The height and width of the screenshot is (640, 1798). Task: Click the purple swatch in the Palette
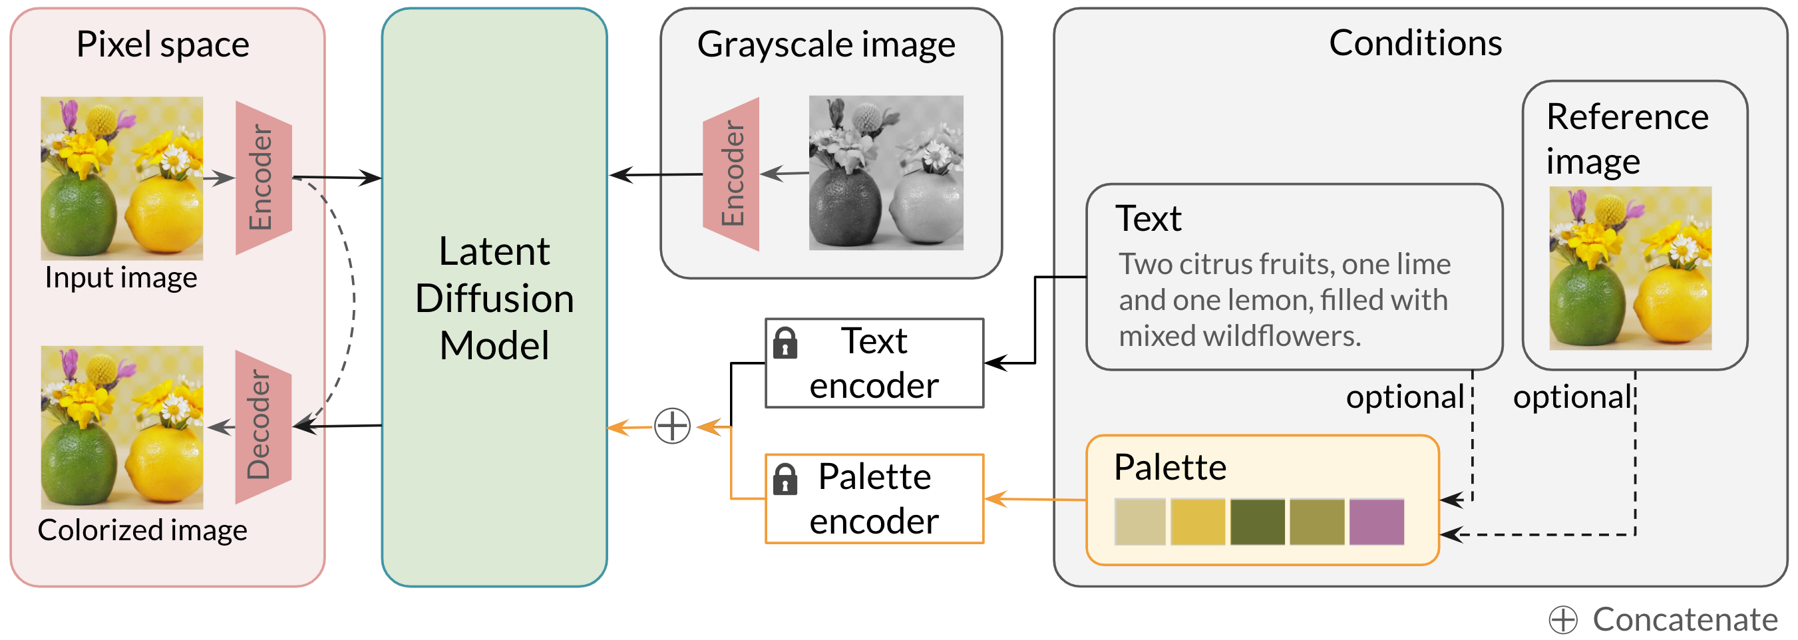(x=1375, y=522)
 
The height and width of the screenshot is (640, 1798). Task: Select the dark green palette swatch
(x=1257, y=522)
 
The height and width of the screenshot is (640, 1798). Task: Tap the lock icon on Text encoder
(x=785, y=343)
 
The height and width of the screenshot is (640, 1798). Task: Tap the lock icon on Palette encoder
(x=785, y=479)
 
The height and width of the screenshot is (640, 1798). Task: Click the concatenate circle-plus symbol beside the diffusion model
(x=672, y=426)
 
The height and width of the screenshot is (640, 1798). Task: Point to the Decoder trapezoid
(x=262, y=426)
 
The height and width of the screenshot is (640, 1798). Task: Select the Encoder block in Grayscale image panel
(x=731, y=174)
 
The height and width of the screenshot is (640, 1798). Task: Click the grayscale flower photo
(x=886, y=173)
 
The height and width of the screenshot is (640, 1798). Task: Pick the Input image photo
(x=122, y=178)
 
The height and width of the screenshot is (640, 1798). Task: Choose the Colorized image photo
(x=122, y=427)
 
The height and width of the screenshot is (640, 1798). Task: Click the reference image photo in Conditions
(x=1630, y=268)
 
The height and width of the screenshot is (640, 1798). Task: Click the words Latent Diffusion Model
(x=494, y=298)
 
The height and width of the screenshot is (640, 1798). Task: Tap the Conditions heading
(x=1415, y=43)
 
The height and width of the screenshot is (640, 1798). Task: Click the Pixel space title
(x=162, y=45)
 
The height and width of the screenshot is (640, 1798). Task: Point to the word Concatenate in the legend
(x=1684, y=619)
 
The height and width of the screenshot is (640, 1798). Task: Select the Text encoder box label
(x=874, y=364)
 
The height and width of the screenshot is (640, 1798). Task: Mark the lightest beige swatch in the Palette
(x=1140, y=522)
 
